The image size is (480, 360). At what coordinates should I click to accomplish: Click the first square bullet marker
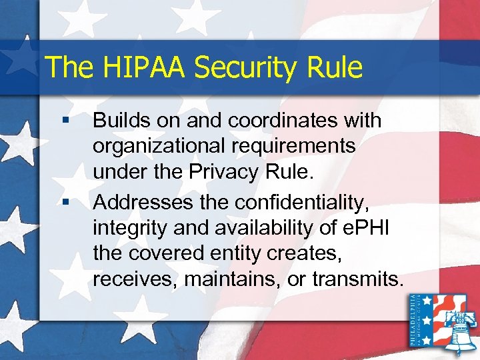(x=65, y=121)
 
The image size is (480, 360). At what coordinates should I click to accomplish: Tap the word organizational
(x=154, y=146)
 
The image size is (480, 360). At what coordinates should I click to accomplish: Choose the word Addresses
(x=137, y=197)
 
